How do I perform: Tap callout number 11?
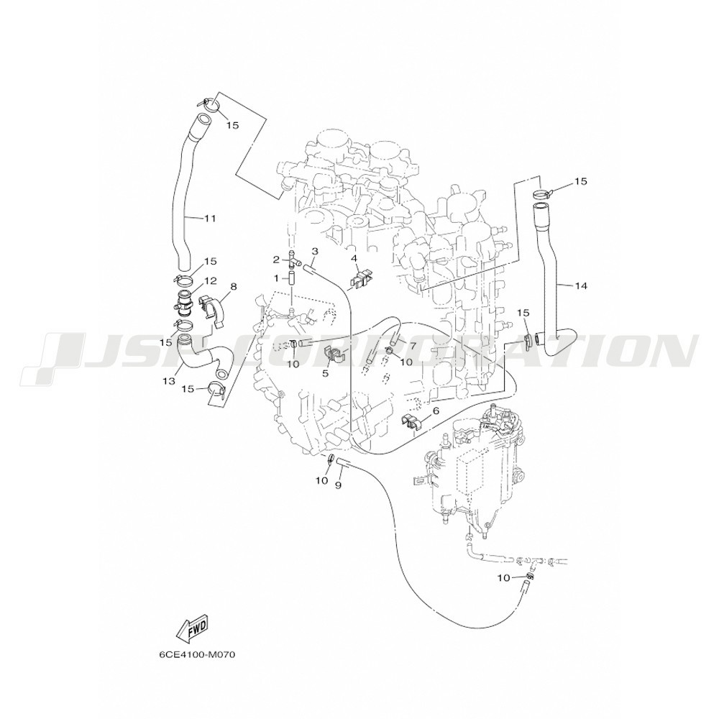click(209, 219)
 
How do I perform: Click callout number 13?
click(169, 380)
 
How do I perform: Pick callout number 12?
click(211, 280)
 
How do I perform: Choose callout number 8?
click(234, 287)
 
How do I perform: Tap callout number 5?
click(325, 373)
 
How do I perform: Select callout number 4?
click(354, 259)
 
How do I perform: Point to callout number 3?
click(315, 251)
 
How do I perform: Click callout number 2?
click(276, 260)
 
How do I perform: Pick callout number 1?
click(276, 278)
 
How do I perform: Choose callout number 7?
click(412, 344)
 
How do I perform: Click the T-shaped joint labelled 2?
click(293, 260)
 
